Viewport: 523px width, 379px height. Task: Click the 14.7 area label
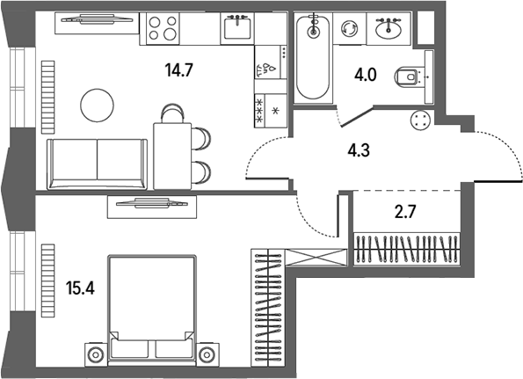tap(179, 70)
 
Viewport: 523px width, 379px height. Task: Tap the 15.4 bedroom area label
tap(80, 288)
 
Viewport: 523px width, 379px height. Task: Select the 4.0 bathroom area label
tap(366, 75)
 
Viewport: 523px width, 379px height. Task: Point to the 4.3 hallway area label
tap(359, 150)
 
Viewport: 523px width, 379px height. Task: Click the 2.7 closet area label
tap(405, 212)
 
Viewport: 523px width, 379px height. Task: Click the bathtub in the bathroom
tap(313, 57)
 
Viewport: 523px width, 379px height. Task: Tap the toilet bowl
tap(407, 77)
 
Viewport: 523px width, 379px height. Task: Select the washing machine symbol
tap(349, 28)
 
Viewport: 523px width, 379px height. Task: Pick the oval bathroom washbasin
tap(389, 29)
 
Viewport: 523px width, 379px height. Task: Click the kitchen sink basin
tap(237, 28)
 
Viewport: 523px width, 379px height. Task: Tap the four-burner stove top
tap(163, 28)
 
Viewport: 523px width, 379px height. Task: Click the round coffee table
tap(97, 106)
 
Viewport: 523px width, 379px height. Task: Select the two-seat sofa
tap(97, 164)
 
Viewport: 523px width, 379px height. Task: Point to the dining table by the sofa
tap(172, 157)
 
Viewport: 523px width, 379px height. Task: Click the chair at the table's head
tap(172, 113)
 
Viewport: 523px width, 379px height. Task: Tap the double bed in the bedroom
tap(152, 308)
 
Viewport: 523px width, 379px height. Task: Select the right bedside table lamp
tap(207, 354)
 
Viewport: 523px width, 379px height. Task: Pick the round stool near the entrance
tap(421, 120)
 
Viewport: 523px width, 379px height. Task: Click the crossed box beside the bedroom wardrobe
tap(316, 258)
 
